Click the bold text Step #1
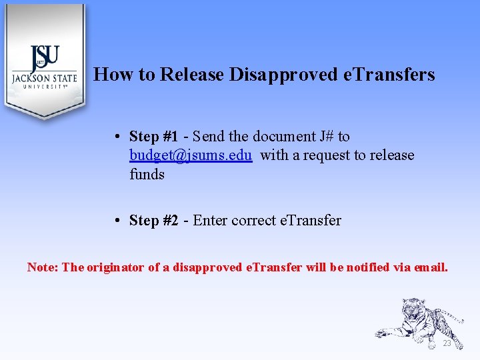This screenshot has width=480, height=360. pos(153,137)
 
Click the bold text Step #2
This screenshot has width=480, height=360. pos(153,221)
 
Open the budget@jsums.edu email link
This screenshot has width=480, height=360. pos(191,155)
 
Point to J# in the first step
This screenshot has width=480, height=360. pos(327,137)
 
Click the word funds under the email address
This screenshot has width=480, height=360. pos(147,174)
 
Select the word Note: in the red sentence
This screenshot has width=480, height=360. pos(43,267)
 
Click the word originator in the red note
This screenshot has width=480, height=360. pos(115,267)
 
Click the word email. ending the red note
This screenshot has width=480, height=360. pos(431,267)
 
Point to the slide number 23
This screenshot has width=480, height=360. pos(447,343)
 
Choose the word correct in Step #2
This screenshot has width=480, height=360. pos(253,221)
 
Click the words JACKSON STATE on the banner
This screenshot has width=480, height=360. pos(44,77)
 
